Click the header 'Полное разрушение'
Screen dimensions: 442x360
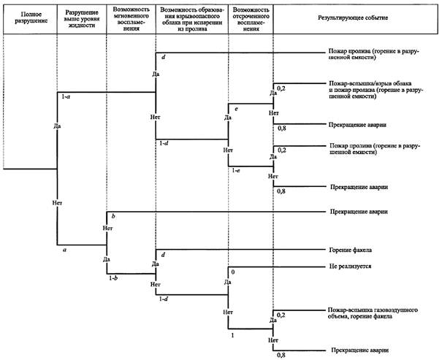[30, 18]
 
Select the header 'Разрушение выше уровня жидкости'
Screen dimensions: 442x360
[82, 19]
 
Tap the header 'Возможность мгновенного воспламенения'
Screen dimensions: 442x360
[131, 19]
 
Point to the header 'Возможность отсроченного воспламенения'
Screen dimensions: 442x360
[251, 19]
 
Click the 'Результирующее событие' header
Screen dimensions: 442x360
[353, 18]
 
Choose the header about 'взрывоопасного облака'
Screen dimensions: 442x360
[192, 19]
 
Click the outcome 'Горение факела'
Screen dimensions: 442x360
[351, 250]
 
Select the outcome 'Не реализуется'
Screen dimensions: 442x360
[350, 267]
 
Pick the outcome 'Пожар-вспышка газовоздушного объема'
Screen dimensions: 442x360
[373, 313]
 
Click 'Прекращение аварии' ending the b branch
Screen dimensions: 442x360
[359, 212]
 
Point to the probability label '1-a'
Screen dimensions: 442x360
[66, 96]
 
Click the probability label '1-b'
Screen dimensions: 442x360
[113, 278]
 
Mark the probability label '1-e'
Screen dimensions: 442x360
[236, 170]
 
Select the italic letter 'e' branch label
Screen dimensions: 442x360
[236, 109]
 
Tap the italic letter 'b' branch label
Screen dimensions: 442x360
[113, 216]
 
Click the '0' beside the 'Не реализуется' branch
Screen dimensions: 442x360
[233, 272]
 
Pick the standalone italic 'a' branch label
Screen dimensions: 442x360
[64, 249]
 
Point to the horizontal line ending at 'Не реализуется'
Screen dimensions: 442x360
[277, 267]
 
